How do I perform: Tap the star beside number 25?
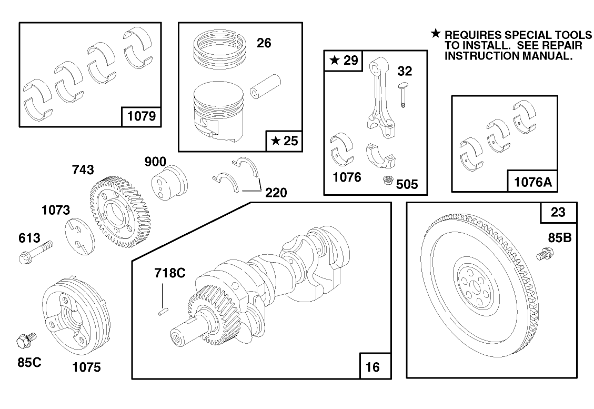pos(276,141)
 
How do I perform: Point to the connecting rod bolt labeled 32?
pos(402,95)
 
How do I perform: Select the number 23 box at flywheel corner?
pos(558,213)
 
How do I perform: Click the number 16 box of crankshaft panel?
pos(373,367)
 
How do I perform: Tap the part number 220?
pos(276,193)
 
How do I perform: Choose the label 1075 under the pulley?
pos(86,367)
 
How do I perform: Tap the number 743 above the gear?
pos(83,170)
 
